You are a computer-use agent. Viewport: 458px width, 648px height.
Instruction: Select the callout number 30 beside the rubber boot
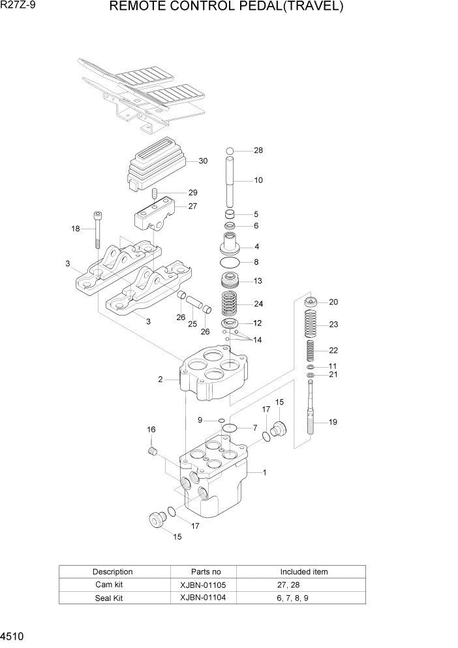(203, 161)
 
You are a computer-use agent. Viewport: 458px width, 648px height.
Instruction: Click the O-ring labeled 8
(230, 263)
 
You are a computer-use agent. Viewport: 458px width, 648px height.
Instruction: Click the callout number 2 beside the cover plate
(160, 379)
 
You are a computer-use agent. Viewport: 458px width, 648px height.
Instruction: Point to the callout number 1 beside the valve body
(264, 472)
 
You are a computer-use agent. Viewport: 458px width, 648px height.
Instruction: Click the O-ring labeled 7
(229, 429)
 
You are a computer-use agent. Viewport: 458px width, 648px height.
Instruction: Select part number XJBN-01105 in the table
(203, 585)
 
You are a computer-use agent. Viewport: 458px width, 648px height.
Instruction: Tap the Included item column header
(304, 572)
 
